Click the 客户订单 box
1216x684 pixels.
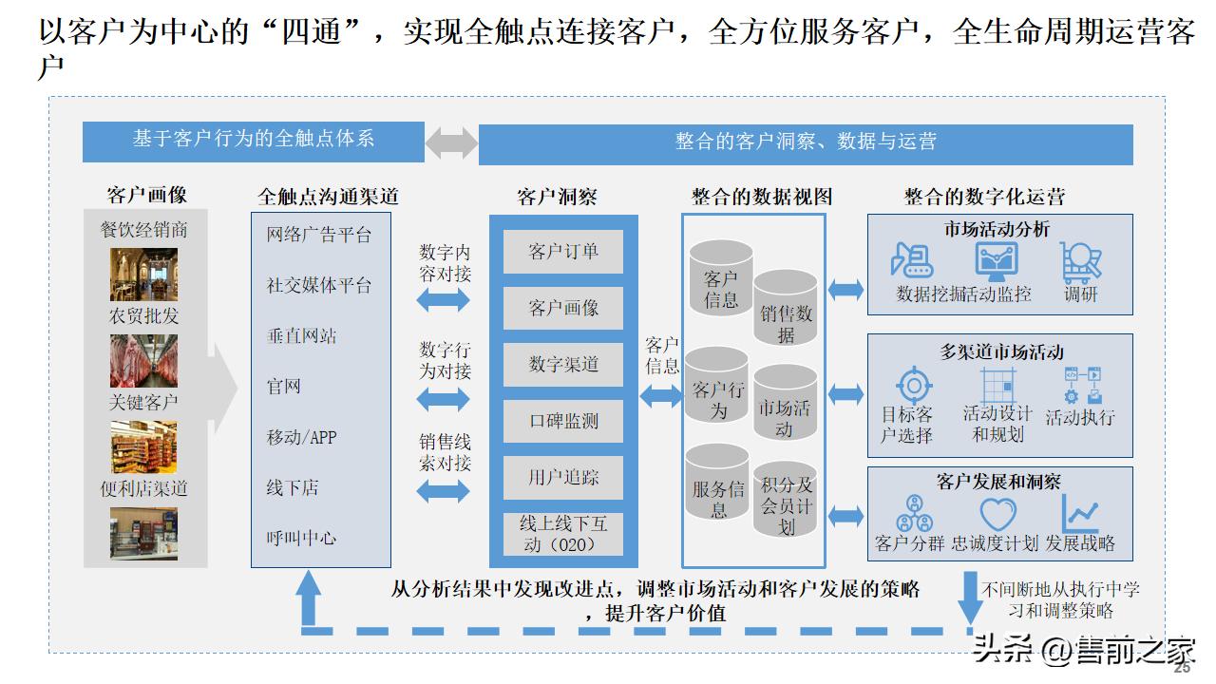pyautogui.click(x=563, y=252)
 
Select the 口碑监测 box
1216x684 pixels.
pyautogui.click(x=563, y=421)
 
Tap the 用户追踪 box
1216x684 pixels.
pyautogui.click(x=563, y=477)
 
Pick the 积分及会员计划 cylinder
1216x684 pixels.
pyautogui.click(x=786, y=504)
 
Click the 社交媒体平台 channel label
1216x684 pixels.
pyautogui.click(x=318, y=285)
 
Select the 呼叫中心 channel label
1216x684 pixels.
pyautogui.click(x=301, y=538)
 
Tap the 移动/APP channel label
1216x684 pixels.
pyautogui.click(x=301, y=437)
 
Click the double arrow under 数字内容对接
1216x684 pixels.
pyautogui.click(x=444, y=300)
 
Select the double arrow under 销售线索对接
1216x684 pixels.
pyautogui.click(x=444, y=490)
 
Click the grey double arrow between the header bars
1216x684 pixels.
pyautogui.click(x=451, y=142)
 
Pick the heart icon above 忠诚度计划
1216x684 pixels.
pyautogui.click(x=997, y=514)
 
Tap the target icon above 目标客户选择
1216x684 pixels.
pyautogui.click(x=914, y=385)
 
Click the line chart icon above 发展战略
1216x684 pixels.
pyautogui.click(x=1080, y=514)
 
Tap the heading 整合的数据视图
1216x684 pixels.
pyautogui.click(x=762, y=197)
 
